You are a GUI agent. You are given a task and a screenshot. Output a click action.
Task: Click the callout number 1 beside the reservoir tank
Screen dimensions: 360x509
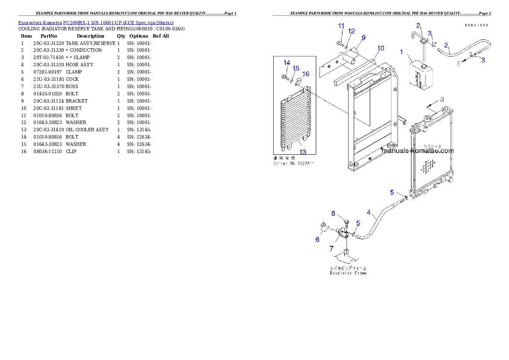(x=401, y=52)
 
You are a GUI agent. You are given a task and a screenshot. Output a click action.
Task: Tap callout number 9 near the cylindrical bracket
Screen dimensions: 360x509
(x=363, y=38)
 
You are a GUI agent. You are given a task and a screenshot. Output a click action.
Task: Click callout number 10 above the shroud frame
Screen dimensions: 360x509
(x=381, y=47)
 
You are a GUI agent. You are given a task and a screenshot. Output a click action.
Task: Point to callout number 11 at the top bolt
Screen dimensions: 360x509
(x=341, y=26)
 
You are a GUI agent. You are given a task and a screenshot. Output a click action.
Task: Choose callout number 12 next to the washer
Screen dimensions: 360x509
(x=352, y=31)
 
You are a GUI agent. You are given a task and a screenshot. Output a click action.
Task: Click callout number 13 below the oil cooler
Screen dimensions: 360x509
(x=302, y=152)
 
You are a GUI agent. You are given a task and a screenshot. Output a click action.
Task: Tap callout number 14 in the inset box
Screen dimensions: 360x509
(x=287, y=63)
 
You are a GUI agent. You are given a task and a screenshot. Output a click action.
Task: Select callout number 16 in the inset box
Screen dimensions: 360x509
(x=306, y=74)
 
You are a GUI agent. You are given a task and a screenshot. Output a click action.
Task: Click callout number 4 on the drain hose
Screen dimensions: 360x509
(x=369, y=212)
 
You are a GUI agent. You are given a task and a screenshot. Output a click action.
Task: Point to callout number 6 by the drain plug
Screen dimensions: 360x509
(x=317, y=239)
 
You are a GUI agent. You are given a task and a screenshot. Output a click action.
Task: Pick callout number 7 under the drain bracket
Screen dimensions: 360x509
(x=331, y=248)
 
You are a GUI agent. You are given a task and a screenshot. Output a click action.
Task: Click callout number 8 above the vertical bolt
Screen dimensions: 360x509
(x=334, y=213)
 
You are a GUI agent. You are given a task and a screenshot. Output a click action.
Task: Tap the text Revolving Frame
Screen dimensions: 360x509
(x=348, y=273)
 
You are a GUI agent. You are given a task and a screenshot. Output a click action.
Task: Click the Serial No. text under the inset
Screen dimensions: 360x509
(x=293, y=163)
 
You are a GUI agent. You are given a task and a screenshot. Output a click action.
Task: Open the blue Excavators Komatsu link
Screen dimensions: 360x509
(x=96, y=22)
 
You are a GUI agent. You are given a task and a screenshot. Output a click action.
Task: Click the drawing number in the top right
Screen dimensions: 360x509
(x=476, y=25)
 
